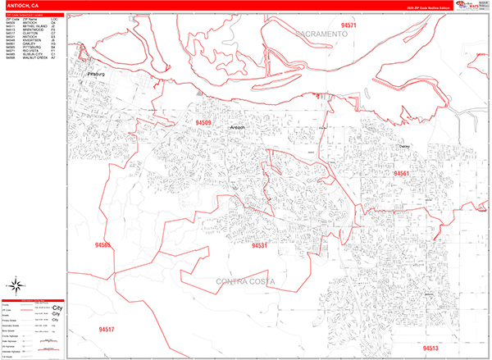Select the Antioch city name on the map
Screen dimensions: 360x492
[237, 127]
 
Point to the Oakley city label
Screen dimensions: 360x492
[403, 146]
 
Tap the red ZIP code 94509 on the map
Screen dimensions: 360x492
[203, 123]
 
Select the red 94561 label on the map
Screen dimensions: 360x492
[402, 174]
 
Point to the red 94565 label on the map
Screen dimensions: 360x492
[102, 244]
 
